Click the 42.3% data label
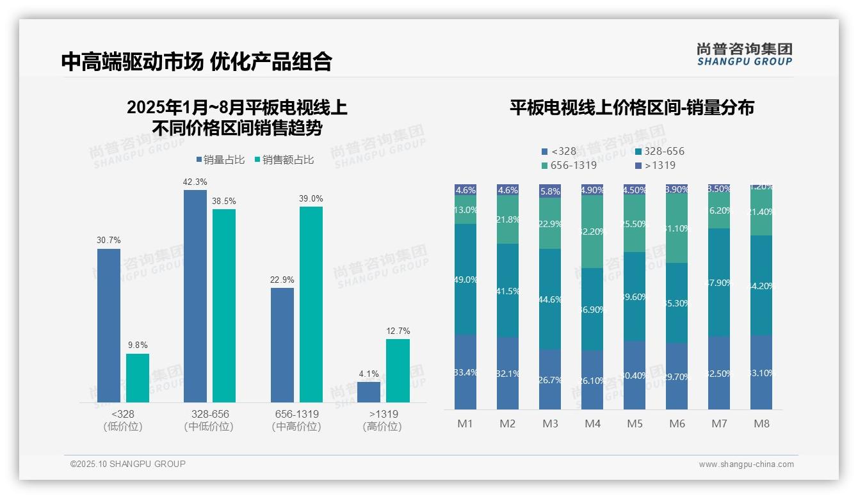click(195, 182)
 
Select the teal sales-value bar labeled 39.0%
click(311, 304)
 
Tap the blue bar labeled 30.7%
click(109, 325)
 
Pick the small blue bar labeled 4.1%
click(369, 392)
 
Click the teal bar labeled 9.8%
click(138, 377)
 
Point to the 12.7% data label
click(398, 331)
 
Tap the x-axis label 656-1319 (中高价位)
click(296, 420)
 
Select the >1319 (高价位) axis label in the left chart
click(383, 420)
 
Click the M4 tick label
click(592, 424)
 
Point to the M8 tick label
click(761, 424)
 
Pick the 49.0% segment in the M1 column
click(465, 280)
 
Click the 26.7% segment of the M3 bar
click(550, 379)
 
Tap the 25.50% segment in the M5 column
click(635, 223)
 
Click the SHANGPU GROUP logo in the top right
click(744, 54)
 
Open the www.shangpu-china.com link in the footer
click(746, 464)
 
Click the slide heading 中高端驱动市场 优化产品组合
click(197, 61)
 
